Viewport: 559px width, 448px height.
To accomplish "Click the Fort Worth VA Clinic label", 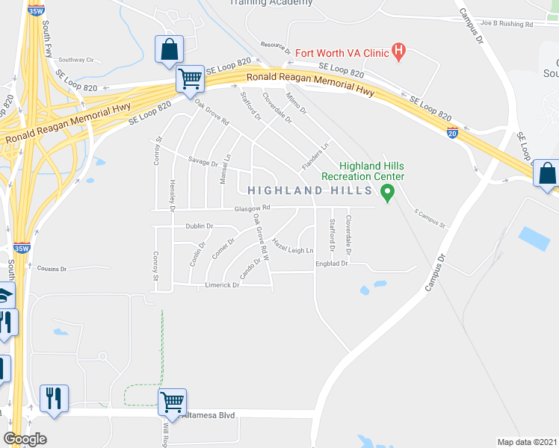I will point(343,53).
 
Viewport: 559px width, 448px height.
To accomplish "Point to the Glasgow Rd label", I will point(250,209).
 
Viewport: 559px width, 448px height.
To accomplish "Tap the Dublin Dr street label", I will point(200,226).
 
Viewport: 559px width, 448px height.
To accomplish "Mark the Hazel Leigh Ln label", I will point(292,246).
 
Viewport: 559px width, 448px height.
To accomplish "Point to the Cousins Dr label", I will point(52,268).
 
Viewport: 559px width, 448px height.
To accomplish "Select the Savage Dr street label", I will point(203,163).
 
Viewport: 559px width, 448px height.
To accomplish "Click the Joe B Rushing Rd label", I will point(507,24).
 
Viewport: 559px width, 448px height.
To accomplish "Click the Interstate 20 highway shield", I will point(452,133).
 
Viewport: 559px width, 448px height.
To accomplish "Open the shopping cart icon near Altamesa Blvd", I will point(172,402).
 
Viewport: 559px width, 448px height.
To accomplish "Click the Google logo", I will point(25,439).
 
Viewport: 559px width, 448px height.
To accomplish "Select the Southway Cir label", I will point(76,60).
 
